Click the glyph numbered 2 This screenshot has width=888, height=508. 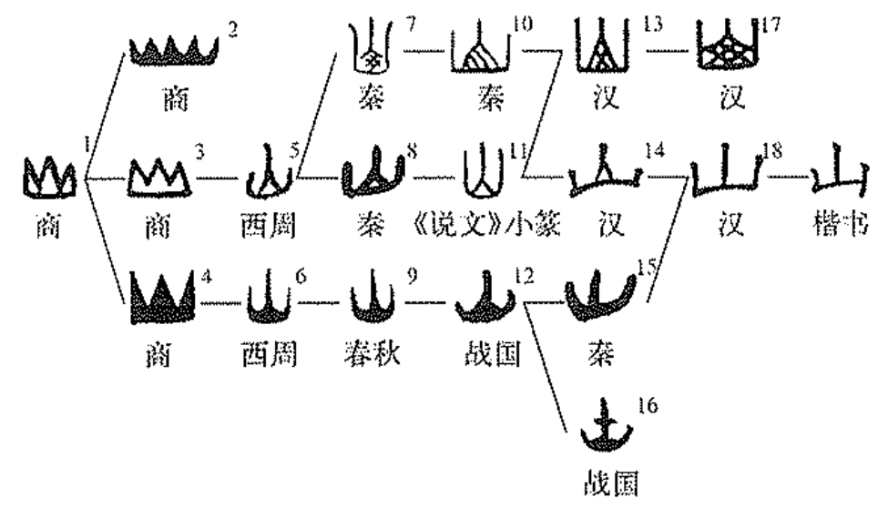[173, 51]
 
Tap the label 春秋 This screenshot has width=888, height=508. [373, 353]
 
